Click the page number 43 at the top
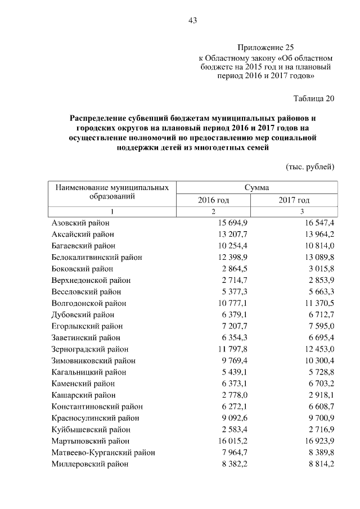[x=192, y=21]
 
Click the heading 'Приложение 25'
[x=265, y=48]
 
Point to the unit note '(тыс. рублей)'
[x=310, y=166]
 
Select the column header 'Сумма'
[x=256, y=187]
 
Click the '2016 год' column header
[x=213, y=200]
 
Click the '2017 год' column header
[x=294, y=200]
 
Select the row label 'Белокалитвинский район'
[x=96, y=257]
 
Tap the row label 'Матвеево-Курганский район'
[x=103, y=453]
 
